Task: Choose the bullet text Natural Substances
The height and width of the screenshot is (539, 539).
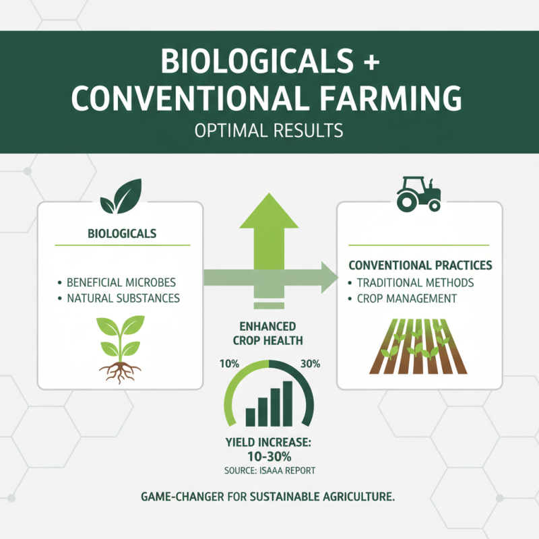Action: coord(124,297)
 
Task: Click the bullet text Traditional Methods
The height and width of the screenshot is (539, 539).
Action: coord(414,282)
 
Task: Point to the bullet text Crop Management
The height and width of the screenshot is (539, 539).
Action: coord(407,298)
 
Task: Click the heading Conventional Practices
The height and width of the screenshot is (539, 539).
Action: coord(420,265)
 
